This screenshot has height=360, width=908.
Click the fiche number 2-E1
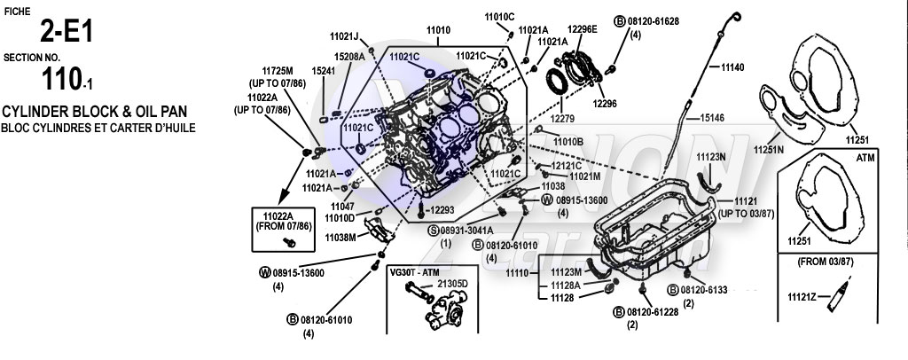[66, 33]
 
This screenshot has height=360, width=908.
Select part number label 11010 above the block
[438, 29]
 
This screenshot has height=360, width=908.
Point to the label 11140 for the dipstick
[732, 67]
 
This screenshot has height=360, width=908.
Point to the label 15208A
[349, 56]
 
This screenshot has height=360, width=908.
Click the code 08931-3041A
[472, 229]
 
